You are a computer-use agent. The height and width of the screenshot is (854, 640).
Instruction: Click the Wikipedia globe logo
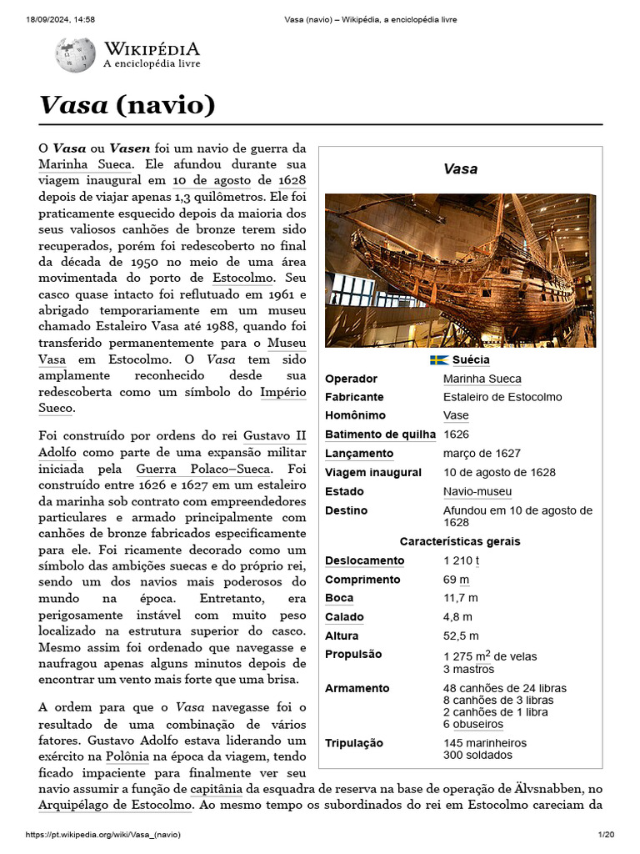coord(75,55)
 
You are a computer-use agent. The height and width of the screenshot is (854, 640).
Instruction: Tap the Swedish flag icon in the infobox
coord(439,360)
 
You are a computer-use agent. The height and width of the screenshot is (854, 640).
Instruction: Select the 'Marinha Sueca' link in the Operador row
coord(482,379)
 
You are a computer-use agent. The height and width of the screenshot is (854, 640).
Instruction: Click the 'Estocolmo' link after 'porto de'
coord(243,277)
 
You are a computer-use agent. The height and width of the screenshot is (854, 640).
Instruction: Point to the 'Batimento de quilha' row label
coord(380,434)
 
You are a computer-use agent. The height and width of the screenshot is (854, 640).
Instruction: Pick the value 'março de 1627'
coord(482,453)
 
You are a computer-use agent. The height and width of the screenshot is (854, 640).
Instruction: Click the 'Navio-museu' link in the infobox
coord(477,491)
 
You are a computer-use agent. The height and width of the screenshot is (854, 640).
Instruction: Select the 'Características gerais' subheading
coord(460,541)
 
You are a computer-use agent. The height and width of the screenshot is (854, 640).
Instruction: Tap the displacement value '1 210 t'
coord(461,560)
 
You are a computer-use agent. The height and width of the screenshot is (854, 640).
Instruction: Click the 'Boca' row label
coord(339,598)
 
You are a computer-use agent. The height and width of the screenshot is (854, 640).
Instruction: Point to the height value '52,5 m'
coord(461,635)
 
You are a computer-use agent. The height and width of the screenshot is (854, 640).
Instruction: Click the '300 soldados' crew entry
coord(477,755)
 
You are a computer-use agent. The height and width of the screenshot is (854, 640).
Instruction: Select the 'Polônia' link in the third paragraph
coord(127,756)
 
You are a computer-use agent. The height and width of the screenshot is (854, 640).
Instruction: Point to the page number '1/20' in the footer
coord(606,835)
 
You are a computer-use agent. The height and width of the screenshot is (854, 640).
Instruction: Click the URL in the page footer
coord(103,835)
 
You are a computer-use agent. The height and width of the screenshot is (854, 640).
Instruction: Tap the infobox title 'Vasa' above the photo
coord(460,169)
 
